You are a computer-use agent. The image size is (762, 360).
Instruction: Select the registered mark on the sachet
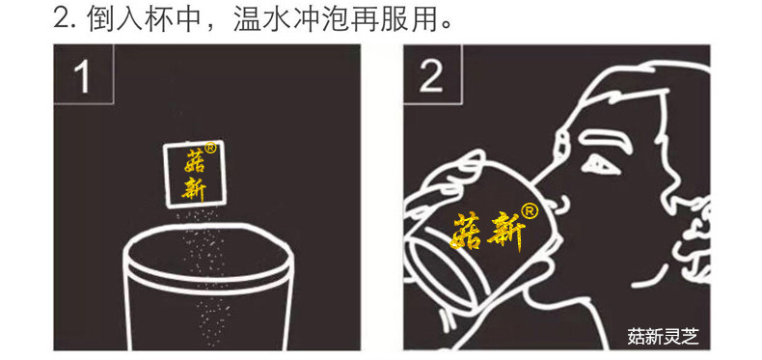(211, 150)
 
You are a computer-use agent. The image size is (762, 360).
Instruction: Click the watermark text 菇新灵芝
(662, 337)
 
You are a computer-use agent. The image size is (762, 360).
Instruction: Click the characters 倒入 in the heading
(118, 19)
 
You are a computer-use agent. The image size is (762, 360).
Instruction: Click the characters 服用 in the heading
(411, 19)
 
